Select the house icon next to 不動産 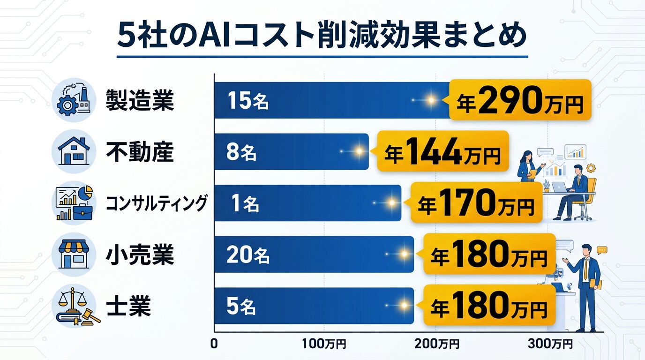[73, 151]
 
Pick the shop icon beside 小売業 [73, 255]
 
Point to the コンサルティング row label [156, 203]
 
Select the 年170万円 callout [476, 203]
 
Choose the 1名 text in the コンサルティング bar [246, 204]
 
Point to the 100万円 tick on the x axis [324, 344]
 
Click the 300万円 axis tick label [550, 344]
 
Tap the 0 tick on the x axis [214, 344]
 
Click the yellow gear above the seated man [591, 167]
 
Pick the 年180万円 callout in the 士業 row [489, 307]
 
